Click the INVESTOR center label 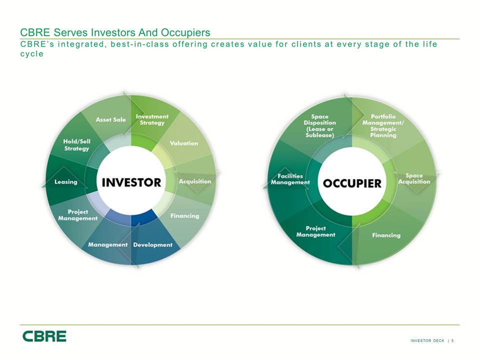tap(131, 182)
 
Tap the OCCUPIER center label tap(352, 183)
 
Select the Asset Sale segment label tap(111, 119)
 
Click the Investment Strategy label tap(152, 119)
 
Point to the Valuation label tap(184, 143)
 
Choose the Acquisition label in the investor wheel tap(195, 181)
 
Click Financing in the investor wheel tap(184, 216)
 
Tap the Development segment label tap(153, 245)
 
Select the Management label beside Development tap(108, 245)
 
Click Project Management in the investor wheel tap(78, 215)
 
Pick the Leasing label tap(66, 182)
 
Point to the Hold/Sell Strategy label tap(76, 145)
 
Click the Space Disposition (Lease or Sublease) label tap(319, 126)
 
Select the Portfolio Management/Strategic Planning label tap(383, 126)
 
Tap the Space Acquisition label tap(414, 179)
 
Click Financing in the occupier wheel tap(386, 235)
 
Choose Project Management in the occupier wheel tap(315, 231)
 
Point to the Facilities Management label tap(290, 179)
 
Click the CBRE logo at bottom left tap(44, 336)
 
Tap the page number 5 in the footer tap(452, 340)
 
